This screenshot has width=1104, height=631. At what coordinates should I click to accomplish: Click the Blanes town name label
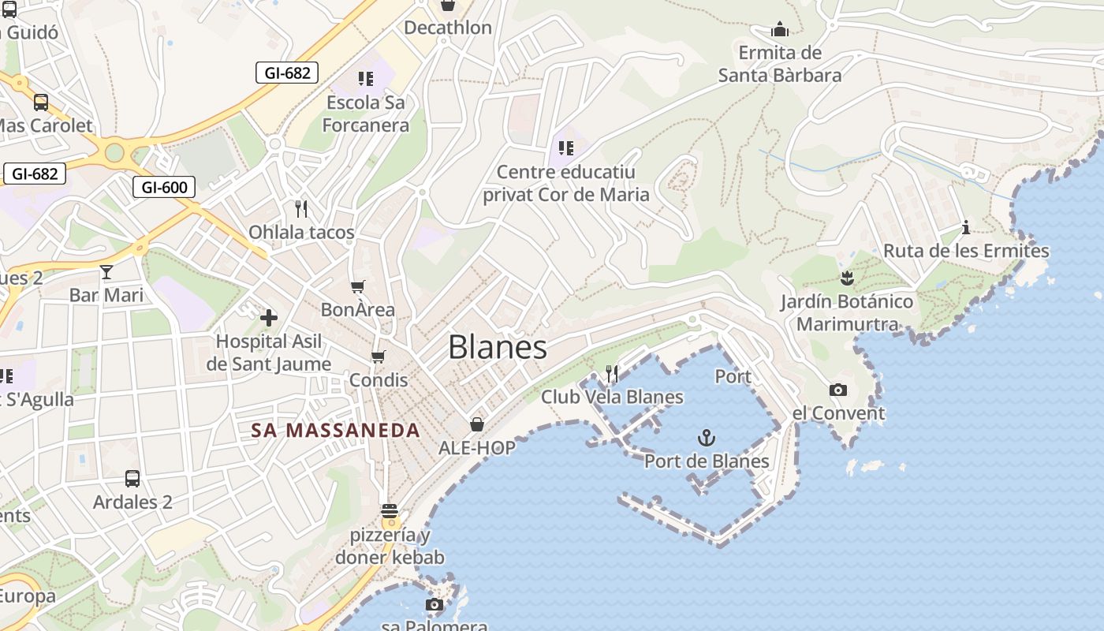click(498, 348)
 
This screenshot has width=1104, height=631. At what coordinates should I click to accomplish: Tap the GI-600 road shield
click(164, 187)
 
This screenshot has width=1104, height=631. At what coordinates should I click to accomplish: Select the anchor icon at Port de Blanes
click(707, 438)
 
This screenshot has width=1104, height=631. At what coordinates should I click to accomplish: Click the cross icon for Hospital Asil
click(269, 318)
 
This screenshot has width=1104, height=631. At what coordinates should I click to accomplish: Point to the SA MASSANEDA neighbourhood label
click(335, 431)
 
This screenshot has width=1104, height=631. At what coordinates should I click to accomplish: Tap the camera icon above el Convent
click(837, 390)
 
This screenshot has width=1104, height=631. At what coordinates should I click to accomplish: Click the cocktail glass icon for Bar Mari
click(106, 273)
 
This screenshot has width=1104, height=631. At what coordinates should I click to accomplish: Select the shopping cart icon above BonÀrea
click(358, 286)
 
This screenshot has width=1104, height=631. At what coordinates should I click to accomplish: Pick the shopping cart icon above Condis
click(379, 357)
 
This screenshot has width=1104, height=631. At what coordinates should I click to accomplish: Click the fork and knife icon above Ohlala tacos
click(300, 209)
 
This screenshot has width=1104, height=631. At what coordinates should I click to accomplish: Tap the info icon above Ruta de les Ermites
click(966, 228)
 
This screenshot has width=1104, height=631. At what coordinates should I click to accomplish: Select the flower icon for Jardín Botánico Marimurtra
click(847, 278)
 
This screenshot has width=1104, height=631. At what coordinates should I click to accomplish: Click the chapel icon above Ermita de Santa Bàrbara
click(780, 30)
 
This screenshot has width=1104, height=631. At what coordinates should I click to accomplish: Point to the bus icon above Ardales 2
click(132, 478)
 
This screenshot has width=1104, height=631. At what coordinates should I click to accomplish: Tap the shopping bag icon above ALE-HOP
click(477, 424)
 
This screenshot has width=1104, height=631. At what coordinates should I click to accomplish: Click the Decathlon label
click(448, 28)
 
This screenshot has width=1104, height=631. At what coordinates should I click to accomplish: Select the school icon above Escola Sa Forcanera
click(365, 78)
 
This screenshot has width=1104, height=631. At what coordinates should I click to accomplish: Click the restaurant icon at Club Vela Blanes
click(612, 373)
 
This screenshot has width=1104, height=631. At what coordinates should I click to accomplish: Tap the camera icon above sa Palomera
click(434, 604)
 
